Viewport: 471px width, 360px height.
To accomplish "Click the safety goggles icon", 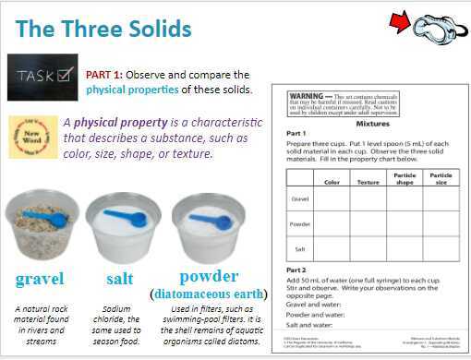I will pyautogui.click(x=440, y=28).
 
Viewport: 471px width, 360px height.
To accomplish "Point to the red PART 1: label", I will pyautogui.click(x=112, y=73).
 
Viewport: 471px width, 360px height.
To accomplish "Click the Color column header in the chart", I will pyautogui.click(x=332, y=182).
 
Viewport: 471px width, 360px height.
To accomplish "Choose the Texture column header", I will pyautogui.click(x=368, y=182).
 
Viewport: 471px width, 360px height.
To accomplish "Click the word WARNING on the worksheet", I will pyautogui.click(x=305, y=95).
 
